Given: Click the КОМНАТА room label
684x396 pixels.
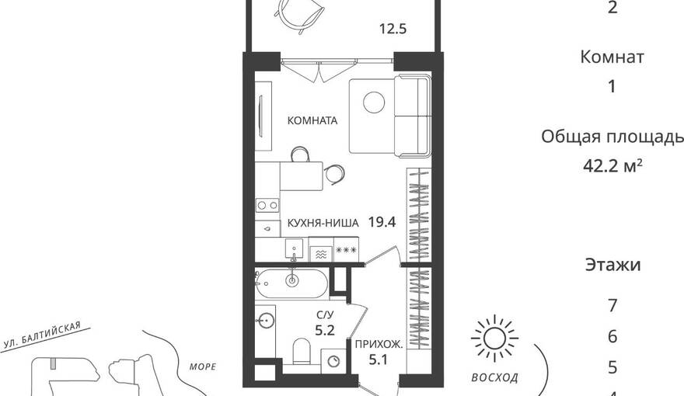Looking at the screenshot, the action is (x=312, y=120).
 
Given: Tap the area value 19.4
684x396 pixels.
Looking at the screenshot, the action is (x=382, y=223).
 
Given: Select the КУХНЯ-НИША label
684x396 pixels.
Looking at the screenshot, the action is (x=323, y=223).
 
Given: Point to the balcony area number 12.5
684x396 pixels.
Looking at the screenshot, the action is (x=393, y=29).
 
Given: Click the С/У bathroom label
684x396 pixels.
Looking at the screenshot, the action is (x=325, y=315).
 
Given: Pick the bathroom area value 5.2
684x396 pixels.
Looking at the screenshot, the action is (x=325, y=330).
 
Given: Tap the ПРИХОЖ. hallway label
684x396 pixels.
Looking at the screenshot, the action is (x=379, y=345).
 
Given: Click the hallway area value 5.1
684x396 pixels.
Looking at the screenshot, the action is (x=379, y=360).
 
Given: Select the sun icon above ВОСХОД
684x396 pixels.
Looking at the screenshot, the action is (x=494, y=339).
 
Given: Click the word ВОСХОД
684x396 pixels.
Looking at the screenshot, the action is (x=494, y=377).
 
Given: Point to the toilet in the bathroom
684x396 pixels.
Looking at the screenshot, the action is (x=301, y=351).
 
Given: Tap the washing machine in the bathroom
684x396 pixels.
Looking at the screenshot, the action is (x=334, y=361).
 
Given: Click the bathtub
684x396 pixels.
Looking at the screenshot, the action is (x=291, y=283).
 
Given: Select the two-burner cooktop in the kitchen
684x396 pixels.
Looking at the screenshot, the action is (x=267, y=205).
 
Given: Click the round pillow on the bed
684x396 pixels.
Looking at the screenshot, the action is (x=374, y=103).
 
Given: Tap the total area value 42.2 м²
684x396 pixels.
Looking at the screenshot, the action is (x=612, y=165).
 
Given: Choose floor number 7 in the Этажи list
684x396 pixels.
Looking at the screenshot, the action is (x=612, y=305).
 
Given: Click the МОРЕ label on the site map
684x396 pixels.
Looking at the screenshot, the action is (x=203, y=366).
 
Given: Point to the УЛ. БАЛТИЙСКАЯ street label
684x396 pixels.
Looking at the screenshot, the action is (x=42, y=335).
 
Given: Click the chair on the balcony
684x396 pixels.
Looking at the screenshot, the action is (x=301, y=16).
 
